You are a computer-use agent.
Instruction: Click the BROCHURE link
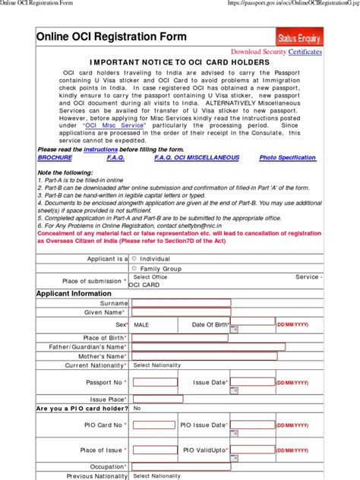tap(55, 157)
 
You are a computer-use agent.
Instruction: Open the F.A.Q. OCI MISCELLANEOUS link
tap(197, 157)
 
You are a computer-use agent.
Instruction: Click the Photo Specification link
tap(287, 157)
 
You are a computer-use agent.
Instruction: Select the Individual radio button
tap(134, 257)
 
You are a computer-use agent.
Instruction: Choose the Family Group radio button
tap(134, 267)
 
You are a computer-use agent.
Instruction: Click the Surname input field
tap(181, 302)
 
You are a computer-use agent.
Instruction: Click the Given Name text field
tap(181, 312)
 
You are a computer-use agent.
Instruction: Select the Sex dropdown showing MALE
tap(154, 324)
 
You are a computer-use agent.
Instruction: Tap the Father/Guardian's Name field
tap(207, 346)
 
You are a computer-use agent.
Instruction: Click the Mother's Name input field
tap(181, 356)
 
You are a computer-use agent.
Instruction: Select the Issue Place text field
tap(156, 399)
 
